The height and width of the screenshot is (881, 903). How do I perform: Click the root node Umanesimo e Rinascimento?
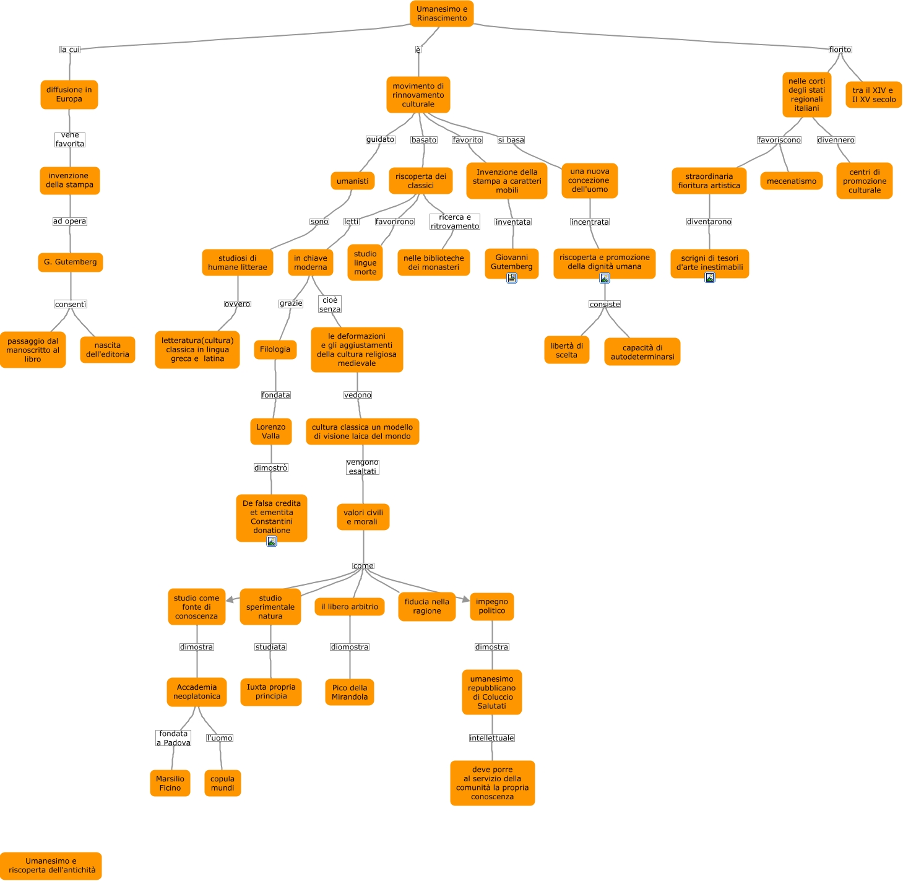tap(441, 14)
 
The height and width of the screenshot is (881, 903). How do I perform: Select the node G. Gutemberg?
tap(71, 262)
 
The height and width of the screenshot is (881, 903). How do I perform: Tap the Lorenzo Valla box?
tap(271, 432)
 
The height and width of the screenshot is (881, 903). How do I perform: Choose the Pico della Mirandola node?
tap(350, 692)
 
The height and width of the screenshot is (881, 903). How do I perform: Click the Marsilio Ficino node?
tap(170, 783)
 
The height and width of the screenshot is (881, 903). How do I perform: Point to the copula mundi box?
tap(222, 783)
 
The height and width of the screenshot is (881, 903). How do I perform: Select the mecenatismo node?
tap(791, 181)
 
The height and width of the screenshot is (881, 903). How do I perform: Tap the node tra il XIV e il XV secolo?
tap(873, 95)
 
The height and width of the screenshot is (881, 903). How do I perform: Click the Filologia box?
tap(275, 349)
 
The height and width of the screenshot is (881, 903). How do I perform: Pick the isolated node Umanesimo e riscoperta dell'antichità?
tap(51, 866)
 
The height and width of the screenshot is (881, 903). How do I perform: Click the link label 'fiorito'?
tap(840, 50)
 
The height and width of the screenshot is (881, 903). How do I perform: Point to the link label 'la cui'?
tap(70, 50)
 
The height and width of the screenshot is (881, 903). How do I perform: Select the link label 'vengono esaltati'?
tap(363, 467)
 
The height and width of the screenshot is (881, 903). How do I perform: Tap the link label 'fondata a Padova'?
tap(173, 738)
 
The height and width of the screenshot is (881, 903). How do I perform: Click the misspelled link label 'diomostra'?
tap(350, 647)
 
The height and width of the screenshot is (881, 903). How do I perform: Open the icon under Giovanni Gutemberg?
tap(512, 278)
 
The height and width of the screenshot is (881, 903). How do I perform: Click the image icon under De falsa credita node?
tap(272, 541)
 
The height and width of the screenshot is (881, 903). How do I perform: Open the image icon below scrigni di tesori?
tap(710, 277)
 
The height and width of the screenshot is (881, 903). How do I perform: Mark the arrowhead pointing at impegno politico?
tap(465, 599)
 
